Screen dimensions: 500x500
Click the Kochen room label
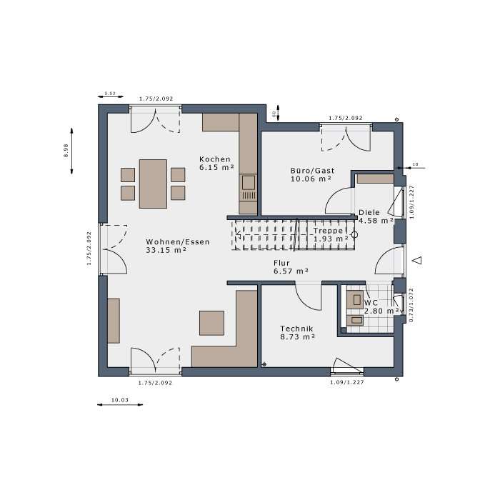coord(215,159)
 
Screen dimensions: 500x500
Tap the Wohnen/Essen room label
coord(178,241)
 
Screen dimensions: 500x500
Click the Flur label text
coord(281,262)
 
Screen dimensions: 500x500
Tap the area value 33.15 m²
coord(166,250)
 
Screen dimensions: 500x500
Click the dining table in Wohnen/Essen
coord(153,183)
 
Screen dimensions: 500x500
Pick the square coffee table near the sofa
coord(211,323)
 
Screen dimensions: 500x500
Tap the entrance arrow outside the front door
coord(419,260)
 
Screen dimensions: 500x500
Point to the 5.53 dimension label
coord(110,94)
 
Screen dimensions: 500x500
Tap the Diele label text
coord(369,212)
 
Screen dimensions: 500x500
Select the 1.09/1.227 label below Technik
coord(346,383)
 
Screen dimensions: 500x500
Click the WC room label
coord(371,302)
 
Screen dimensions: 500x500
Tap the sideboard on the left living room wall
coord(114,321)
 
